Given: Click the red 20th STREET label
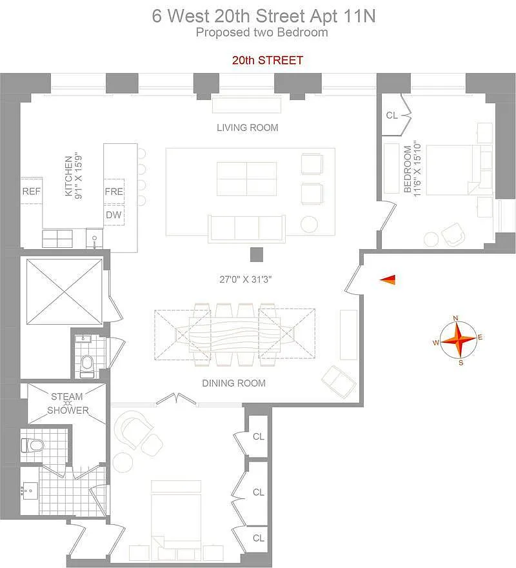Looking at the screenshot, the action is (268, 60).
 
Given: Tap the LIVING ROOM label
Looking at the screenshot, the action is (248, 128).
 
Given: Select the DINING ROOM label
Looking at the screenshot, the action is (234, 383).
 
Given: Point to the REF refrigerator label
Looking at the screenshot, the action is (32, 191).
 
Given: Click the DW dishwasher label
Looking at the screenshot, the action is (114, 215).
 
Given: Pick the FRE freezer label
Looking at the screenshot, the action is (114, 191).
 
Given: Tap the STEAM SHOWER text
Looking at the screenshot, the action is (68, 403).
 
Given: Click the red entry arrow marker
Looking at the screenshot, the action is (388, 279).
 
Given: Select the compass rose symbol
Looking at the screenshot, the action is (458, 340).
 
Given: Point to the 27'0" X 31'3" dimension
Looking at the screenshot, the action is (246, 279).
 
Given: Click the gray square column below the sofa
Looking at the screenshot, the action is (256, 254).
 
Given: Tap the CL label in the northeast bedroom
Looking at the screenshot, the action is (392, 115).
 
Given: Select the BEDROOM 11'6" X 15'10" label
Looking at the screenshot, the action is (412, 169).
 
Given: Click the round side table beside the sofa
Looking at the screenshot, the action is (309, 224).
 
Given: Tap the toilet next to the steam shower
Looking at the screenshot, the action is (33, 445).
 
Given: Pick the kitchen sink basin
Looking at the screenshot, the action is (95, 238).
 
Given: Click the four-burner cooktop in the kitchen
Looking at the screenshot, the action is (57, 239).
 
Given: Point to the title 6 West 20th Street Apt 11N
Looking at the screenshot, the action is (264, 16).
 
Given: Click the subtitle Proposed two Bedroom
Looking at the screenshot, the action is (262, 32).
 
